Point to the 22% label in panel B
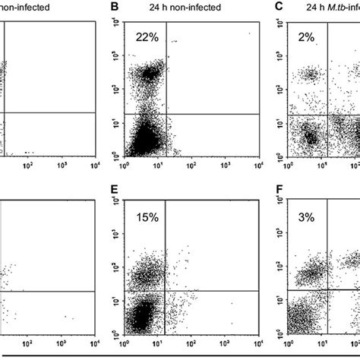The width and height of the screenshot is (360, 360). pyautogui.click(x=147, y=36)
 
